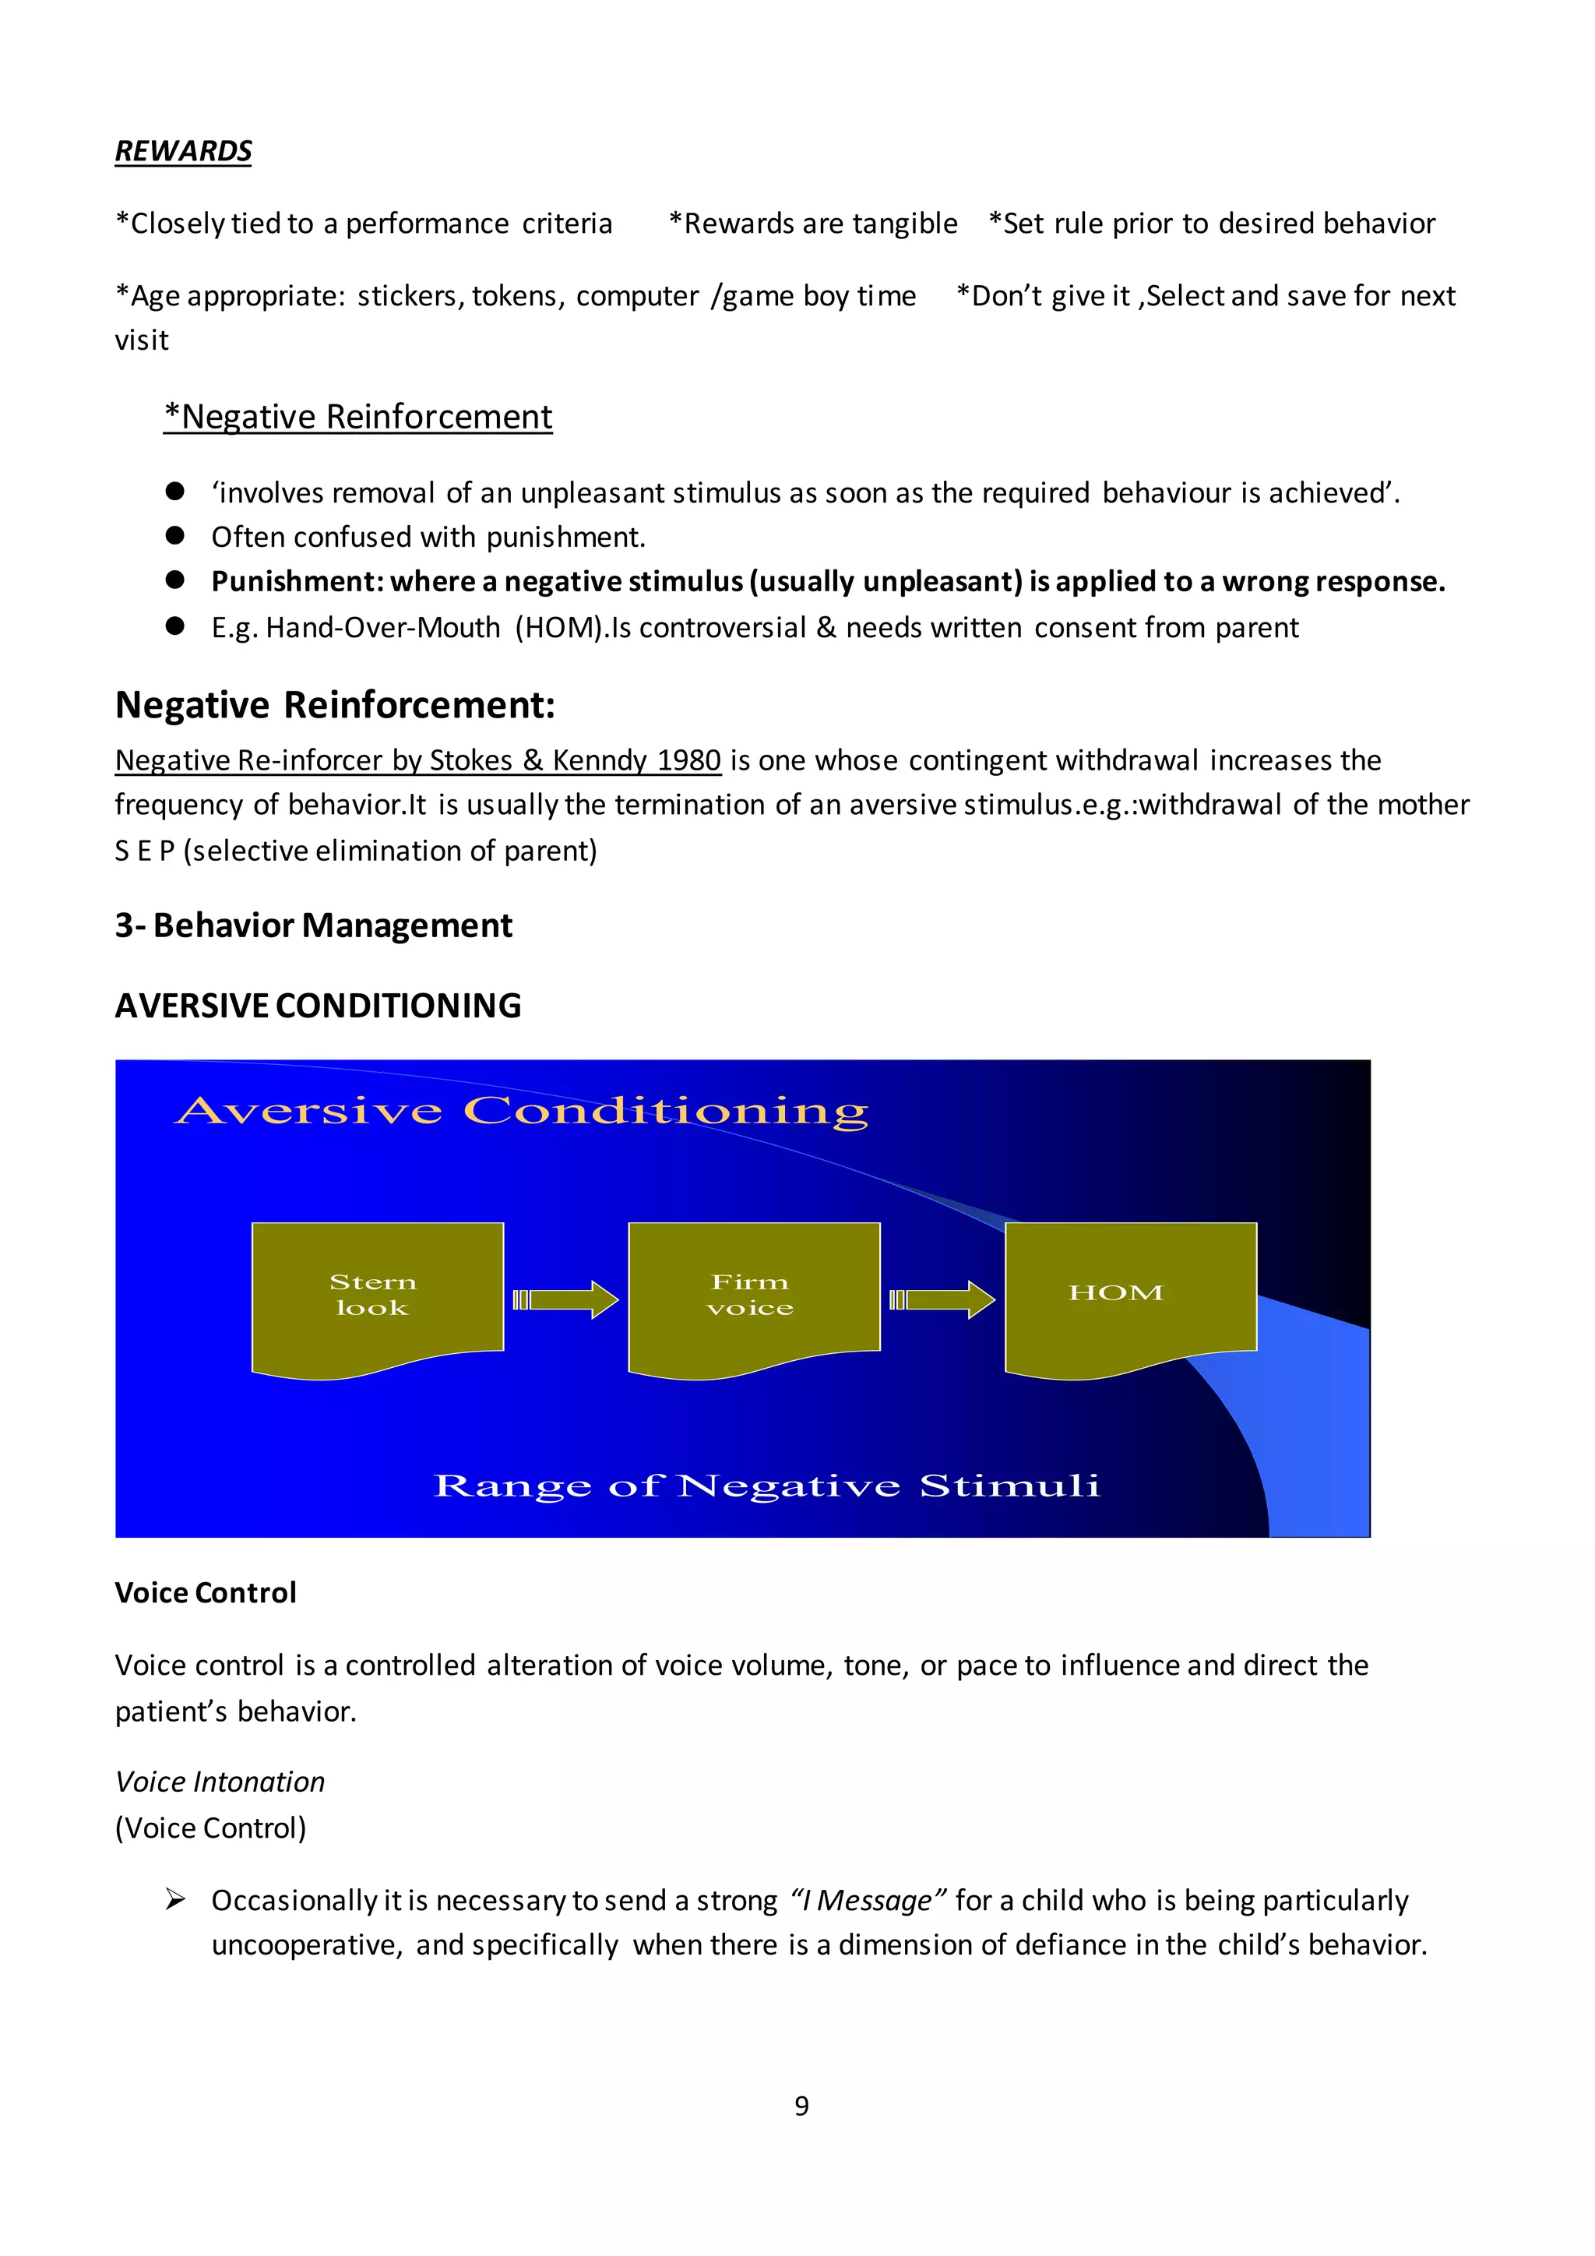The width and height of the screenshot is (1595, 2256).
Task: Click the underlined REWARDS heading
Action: pos(184,151)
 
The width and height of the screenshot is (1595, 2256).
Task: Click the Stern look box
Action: pos(377,1294)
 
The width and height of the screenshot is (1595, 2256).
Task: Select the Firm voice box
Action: pos(753,1294)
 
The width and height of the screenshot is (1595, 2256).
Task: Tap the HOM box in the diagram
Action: pos(1129,1292)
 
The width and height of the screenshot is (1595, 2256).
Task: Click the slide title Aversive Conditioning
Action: pos(522,1112)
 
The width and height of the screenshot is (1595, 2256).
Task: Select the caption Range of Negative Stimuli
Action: pos(766,1485)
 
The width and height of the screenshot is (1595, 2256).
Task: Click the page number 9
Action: pos(801,2106)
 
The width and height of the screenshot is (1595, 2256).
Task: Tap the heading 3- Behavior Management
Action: pos(313,925)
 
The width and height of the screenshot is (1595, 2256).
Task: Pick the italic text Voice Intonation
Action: pos(220,1782)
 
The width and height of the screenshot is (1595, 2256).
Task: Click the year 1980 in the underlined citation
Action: pos(689,760)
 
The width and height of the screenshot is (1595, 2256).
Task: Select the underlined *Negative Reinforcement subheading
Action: pos(358,417)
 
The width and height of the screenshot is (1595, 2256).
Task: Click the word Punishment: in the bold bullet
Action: pos(296,582)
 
